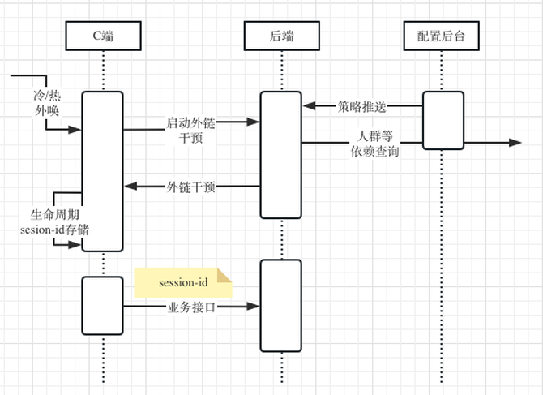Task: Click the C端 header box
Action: coord(104,35)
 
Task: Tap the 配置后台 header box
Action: coord(443,35)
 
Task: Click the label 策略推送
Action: coord(361,105)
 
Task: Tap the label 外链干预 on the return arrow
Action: coord(191,187)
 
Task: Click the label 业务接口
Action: coord(191,307)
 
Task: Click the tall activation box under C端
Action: coord(103,170)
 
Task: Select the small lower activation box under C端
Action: coord(103,304)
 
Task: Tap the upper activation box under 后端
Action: coord(280,154)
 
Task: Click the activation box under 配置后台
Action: coord(443,120)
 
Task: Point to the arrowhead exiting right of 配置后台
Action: coord(515,143)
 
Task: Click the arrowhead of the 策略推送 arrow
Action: coord(309,105)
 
